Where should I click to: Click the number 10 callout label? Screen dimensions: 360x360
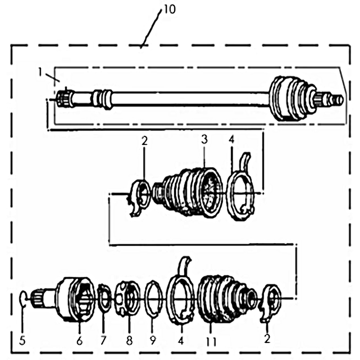(170, 9)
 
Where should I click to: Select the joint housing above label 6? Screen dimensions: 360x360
(76, 299)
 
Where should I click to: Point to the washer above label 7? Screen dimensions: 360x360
(104, 297)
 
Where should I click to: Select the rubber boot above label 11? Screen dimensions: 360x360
(220, 297)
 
